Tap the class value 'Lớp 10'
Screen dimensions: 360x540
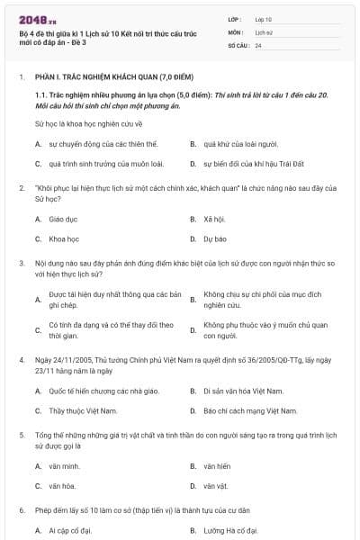[263, 19]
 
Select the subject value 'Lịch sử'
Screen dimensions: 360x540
[263, 31]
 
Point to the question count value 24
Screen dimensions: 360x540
[258, 44]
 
